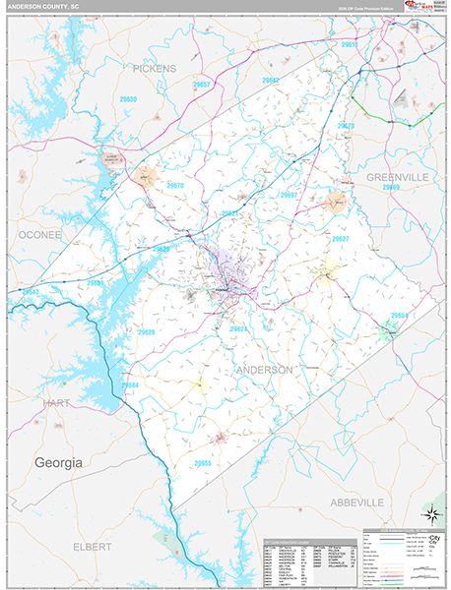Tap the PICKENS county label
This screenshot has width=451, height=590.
coord(155,69)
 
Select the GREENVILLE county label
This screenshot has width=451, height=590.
coord(396,175)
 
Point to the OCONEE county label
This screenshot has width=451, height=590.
coord(38,235)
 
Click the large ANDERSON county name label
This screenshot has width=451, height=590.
coord(264,370)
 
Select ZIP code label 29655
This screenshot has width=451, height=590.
coord(202,462)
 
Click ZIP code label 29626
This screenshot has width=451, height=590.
coord(146,332)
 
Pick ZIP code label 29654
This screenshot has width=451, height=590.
coord(399,315)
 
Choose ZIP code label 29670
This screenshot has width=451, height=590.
coord(175,185)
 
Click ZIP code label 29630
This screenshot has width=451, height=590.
coord(128,99)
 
